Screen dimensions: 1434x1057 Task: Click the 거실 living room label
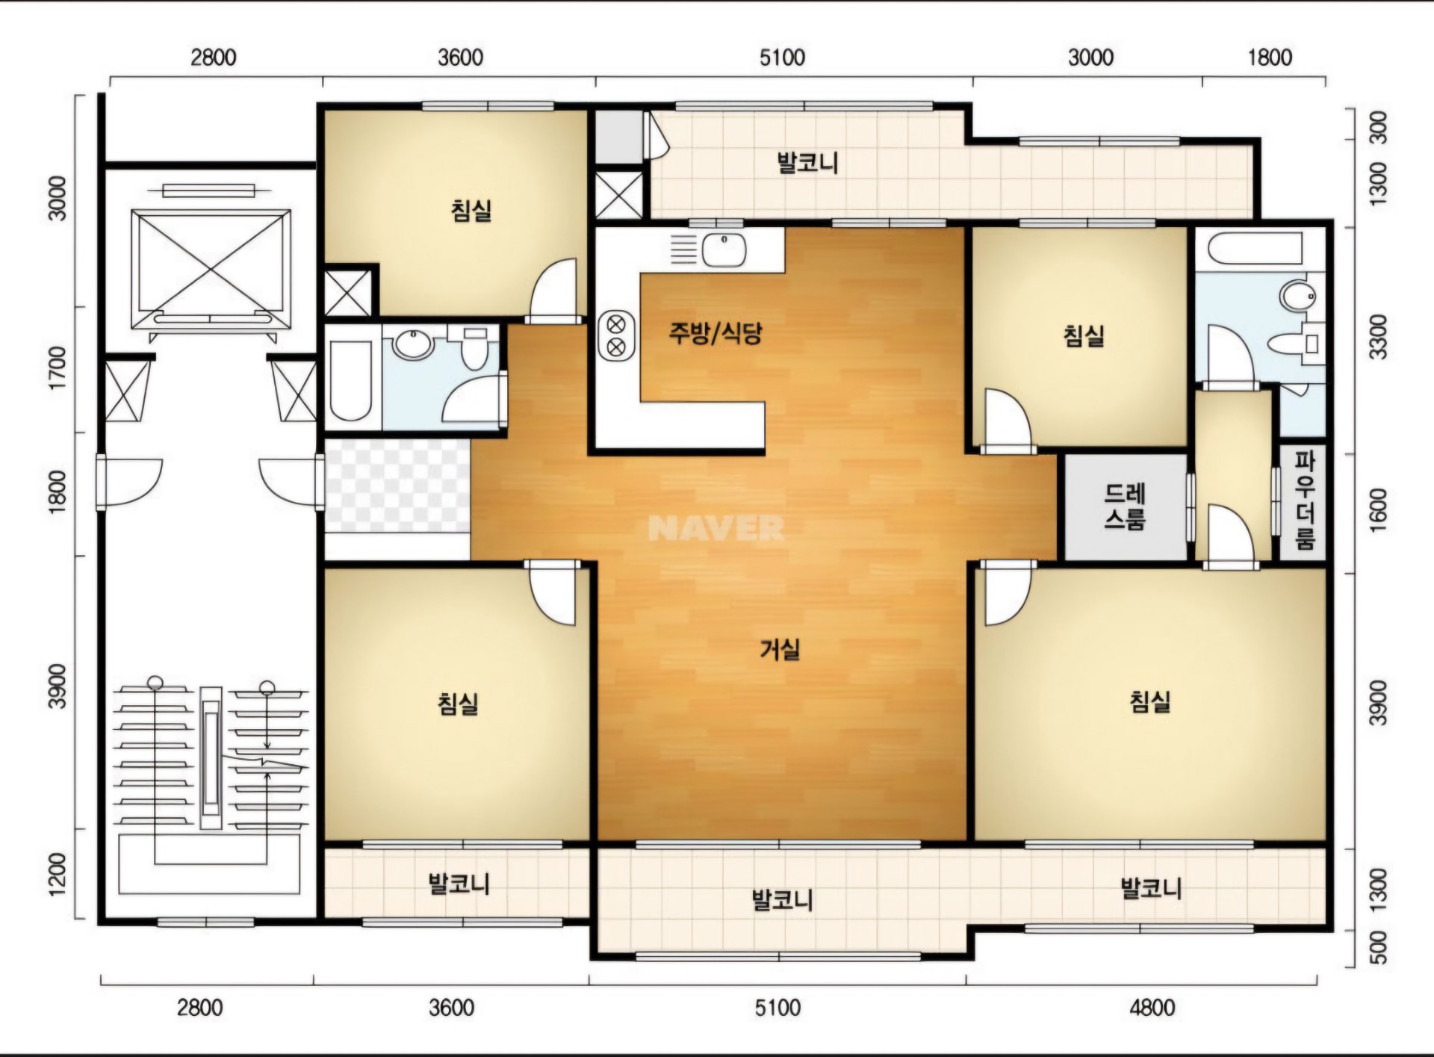point(780,649)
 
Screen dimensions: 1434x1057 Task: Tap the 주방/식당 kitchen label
point(715,333)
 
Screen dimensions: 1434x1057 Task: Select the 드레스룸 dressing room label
point(1125,506)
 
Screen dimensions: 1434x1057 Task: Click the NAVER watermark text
point(716,529)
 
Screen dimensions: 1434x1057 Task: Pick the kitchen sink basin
point(724,249)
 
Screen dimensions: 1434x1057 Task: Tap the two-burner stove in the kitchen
point(616,335)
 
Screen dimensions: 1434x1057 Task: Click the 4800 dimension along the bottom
point(1152,1008)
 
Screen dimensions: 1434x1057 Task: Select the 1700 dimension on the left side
point(57,368)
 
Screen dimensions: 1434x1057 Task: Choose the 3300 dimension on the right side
point(1378,337)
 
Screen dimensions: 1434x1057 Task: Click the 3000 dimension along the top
point(1090,58)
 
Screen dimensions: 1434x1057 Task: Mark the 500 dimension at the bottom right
point(1379,948)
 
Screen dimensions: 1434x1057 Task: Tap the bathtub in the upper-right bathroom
point(1255,247)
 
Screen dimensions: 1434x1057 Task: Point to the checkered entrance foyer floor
point(397,486)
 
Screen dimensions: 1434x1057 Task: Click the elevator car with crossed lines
point(211,269)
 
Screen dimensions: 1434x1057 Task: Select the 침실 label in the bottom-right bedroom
point(1150,701)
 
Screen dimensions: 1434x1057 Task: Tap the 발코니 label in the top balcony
point(808,163)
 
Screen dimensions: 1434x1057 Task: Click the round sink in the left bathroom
point(412,345)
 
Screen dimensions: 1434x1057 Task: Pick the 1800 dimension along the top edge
point(1270,58)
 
